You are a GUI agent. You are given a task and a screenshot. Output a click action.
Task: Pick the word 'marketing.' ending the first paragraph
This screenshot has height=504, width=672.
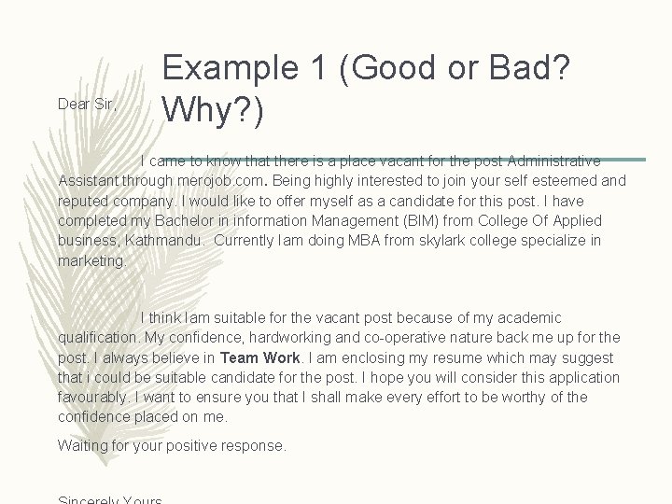pyautogui.click(x=92, y=261)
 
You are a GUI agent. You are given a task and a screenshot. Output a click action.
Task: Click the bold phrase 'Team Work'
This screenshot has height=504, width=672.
pyautogui.click(x=259, y=357)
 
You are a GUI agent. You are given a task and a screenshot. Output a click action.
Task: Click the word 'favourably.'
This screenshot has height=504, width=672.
pyautogui.click(x=93, y=398)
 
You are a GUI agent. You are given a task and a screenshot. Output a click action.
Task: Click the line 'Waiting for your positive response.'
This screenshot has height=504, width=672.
pyautogui.click(x=172, y=446)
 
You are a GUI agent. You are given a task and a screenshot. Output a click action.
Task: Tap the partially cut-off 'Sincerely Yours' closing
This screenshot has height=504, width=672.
pyautogui.click(x=110, y=500)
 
